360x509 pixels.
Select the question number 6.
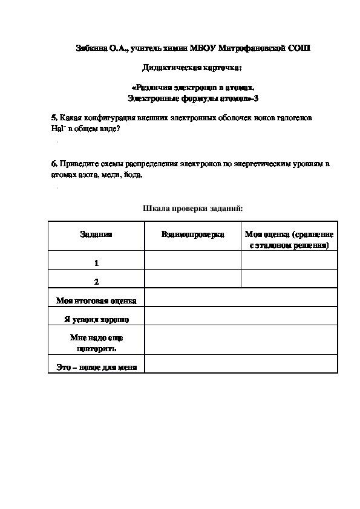[x=54, y=164]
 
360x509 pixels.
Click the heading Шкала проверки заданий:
[x=192, y=208]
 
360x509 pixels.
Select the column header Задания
[x=96, y=235]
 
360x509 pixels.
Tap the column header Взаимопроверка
[x=192, y=235]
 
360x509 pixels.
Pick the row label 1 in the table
[x=96, y=264]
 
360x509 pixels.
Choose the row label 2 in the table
[x=96, y=282]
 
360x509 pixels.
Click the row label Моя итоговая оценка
[x=96, y=300]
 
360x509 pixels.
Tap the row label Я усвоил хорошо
[x=96, y=319]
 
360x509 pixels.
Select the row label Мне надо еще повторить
[x=96, y=343]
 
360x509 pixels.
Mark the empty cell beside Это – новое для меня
[x=240, y=364]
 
